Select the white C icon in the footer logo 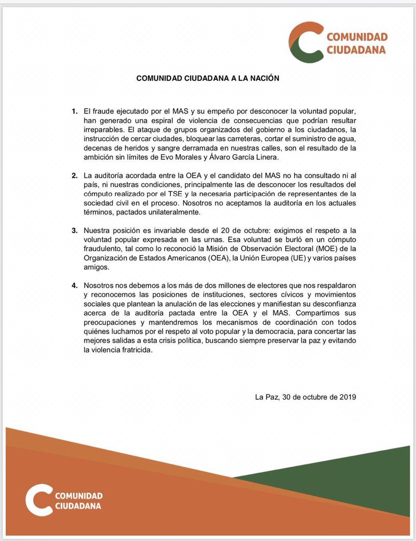[38, 499]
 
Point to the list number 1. [75, 111]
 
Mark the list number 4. [75, 286]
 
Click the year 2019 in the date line [347, 397]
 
